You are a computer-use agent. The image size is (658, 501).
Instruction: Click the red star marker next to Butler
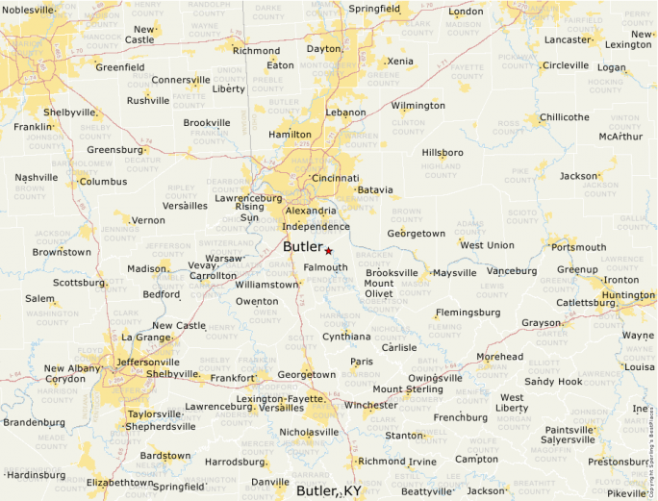(328, 250)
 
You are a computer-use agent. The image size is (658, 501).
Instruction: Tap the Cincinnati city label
(335, 178)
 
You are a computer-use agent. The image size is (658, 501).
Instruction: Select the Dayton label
(323, 48)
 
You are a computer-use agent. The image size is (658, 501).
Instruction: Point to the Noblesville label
(29, 10)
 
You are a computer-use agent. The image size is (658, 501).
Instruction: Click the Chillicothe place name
(565, 117)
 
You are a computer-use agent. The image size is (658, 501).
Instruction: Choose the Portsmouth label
(578, 247)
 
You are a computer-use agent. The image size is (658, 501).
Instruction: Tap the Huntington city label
(628, 295)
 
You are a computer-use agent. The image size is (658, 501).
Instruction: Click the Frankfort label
(233, 379)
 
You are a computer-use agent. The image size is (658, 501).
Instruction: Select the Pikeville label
(627, 492)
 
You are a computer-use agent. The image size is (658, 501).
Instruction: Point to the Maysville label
(454, 273)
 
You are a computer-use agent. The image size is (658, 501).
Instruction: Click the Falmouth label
(325, 267)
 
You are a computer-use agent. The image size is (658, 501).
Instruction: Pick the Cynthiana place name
(346, 337)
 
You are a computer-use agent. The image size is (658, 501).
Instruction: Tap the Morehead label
(500, 357)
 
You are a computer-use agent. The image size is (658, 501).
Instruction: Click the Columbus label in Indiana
(103, 181)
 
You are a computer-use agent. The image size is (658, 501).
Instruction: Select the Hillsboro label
(443, 152)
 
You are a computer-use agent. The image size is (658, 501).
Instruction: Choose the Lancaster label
(568, 40)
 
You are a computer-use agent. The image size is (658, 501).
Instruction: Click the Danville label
(270, 482)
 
